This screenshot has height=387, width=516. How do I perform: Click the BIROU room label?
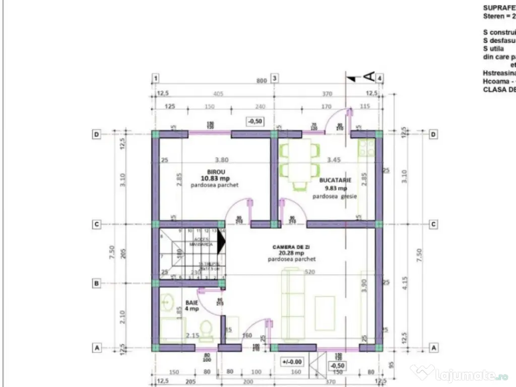215,172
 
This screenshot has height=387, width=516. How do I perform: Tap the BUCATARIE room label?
335,179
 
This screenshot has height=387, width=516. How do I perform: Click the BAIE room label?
191,302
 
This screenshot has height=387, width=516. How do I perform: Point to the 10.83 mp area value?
215,178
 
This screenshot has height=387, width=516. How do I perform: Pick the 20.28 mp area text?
291,253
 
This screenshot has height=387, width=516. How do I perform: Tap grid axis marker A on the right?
432,348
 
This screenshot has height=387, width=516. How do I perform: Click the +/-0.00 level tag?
292,361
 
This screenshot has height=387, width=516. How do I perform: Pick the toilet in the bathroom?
206,327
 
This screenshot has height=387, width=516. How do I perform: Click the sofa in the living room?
293,305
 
